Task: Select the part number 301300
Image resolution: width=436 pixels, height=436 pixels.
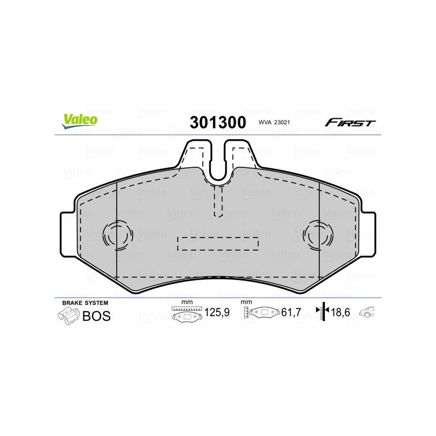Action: [x=217, y=123]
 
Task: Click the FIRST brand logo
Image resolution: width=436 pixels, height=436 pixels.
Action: [x=350, y=123]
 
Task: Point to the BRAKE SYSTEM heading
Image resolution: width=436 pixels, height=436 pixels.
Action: [x=85, y=302]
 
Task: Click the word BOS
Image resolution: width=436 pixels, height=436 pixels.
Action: [x=96, y=316]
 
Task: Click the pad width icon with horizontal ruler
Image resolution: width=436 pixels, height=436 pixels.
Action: [x=186, y=314]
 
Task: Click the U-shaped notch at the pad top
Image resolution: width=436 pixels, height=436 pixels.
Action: [x=218, y=163]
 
